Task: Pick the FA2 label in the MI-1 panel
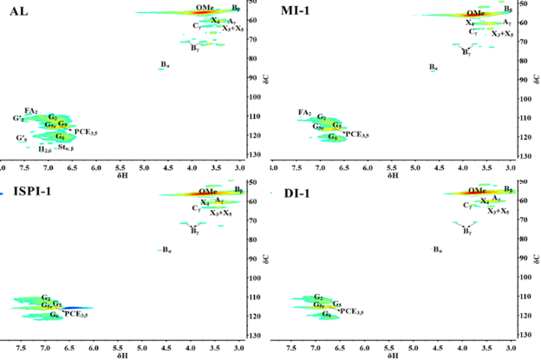pos(304,113)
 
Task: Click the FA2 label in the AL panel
pos(30,111)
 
